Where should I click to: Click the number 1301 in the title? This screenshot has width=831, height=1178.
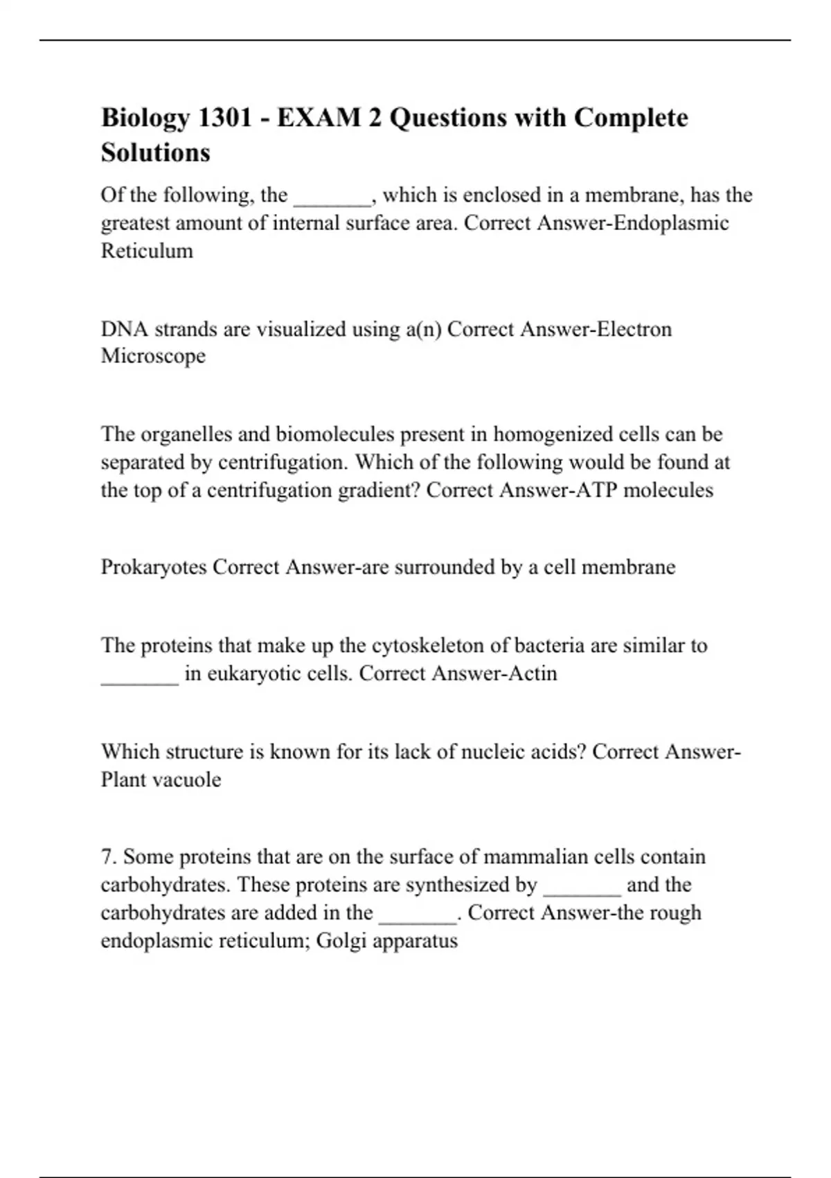[225, 118]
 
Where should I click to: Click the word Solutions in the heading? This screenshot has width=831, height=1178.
[156, 152]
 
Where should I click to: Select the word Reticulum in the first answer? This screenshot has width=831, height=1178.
[147, 251]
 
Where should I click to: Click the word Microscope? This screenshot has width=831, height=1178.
[153, 356]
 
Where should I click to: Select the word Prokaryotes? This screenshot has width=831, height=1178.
[154, 568]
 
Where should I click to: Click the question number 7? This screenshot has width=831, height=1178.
[108, 857]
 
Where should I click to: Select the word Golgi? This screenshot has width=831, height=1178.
[341, 941]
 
